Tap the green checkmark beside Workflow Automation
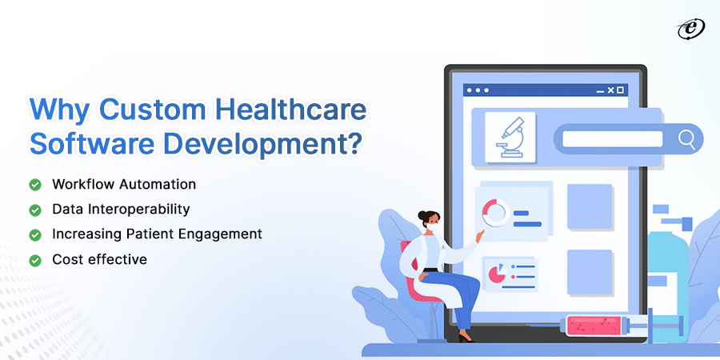point(35,185)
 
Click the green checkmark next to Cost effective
point(35,260)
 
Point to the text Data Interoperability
point(121,210)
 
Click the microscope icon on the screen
point(510,138)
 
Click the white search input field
point(612,139)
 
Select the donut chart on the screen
point(495,213)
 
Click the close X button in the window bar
point(609,90)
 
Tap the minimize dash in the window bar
point(598,90)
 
